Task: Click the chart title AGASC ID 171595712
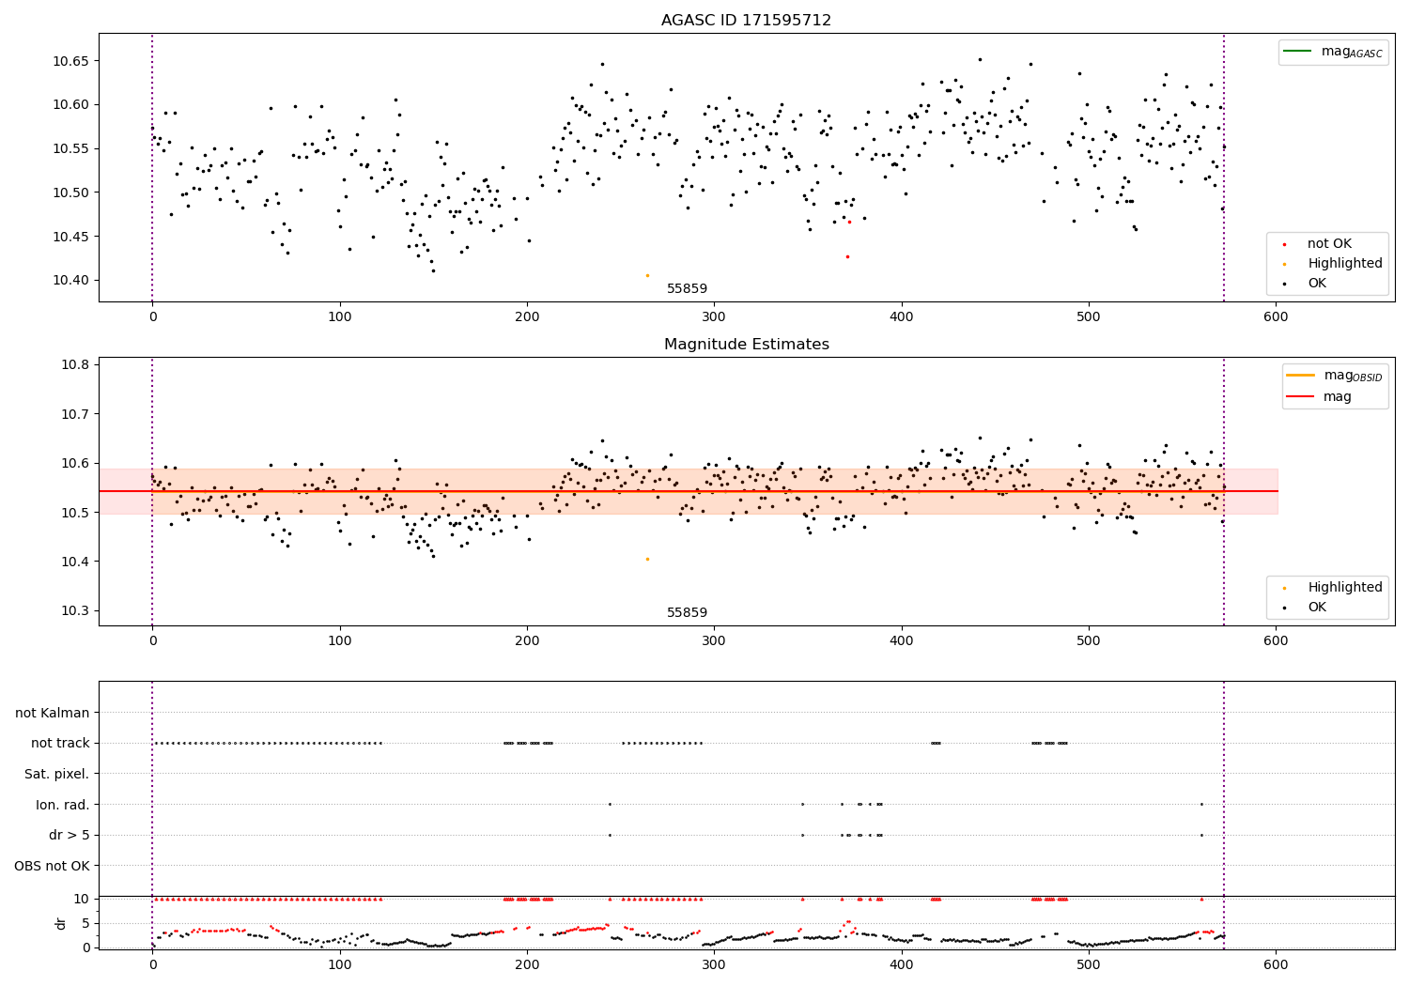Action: pos(746,21)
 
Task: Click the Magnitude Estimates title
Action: pos(746,345)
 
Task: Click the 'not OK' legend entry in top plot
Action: pos(1329,244)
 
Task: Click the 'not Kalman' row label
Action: pos(53,713)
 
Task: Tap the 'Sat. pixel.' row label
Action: pos(56,774)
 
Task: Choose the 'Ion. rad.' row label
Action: pos(63,805)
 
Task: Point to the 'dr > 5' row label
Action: pos(70,835)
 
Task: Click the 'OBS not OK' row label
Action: pos(53,866)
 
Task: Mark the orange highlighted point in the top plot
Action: pos(647,275)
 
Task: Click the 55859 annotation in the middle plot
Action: pos(687,612)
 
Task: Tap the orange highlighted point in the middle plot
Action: pos(647,559)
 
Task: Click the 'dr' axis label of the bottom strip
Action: pos(61,923)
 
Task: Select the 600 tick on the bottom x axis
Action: pos(1276,964)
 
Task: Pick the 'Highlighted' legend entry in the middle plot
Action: pos(1344,587)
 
